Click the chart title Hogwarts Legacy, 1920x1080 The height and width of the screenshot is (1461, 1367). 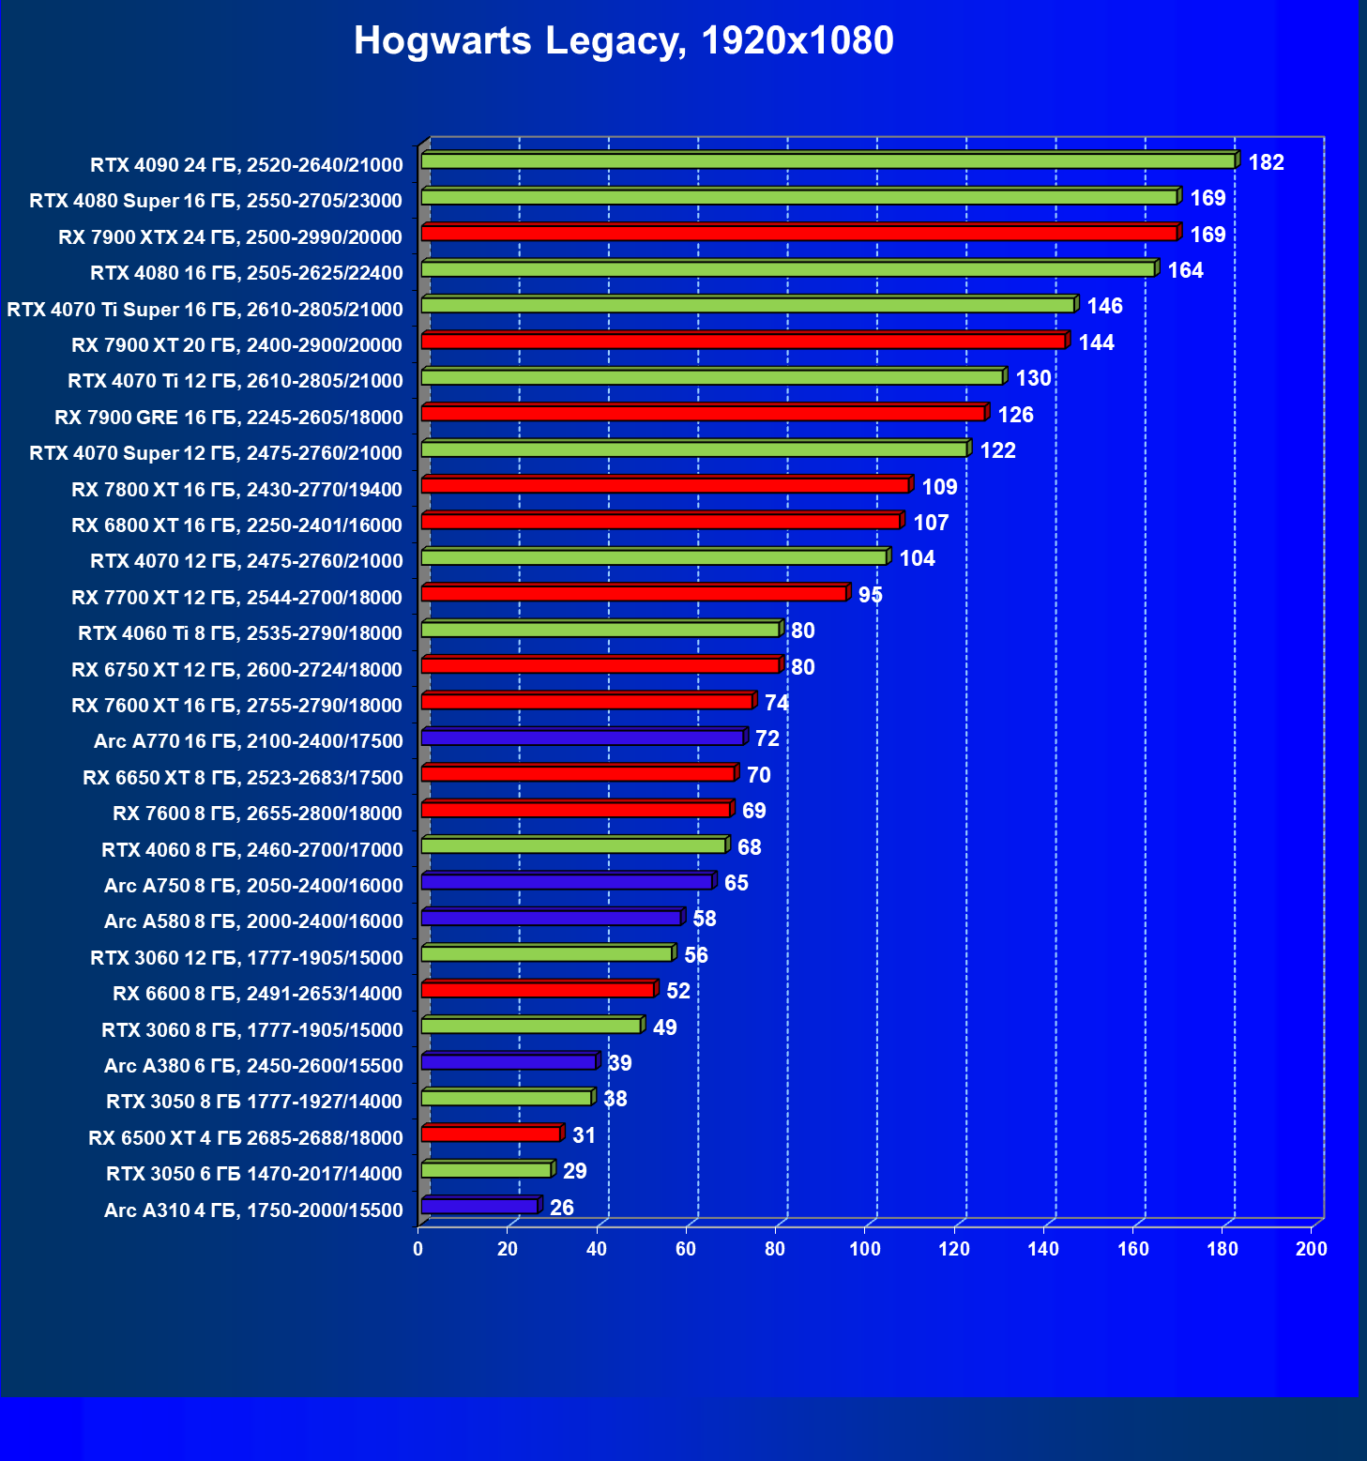point(623,41)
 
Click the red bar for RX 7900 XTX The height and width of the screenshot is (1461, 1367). point(798,233)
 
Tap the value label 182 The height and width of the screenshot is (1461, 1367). point(1266,162)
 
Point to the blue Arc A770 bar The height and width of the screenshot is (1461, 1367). point(582,738)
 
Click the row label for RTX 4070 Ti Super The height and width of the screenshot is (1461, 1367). point(205,309)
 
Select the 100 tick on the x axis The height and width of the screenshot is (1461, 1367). point(865,1249)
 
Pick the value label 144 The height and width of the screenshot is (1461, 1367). point(1096,342)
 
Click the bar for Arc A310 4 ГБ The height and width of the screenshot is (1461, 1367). point(479,1206)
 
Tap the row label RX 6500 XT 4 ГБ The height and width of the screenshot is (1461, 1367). point(245,1137)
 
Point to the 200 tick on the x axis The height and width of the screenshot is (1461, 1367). point(1312,1249)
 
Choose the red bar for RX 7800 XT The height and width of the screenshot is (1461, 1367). point(664,485)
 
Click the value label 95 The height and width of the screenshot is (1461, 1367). point(870,595)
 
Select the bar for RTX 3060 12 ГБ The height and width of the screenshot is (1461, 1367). point(546,954)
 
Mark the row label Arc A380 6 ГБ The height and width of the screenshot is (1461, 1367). point(253,1065)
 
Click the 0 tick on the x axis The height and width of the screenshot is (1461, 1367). point(418,1249)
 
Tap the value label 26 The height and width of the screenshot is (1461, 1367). point(561,1208)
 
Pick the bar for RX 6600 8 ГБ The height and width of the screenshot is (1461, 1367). point(537,990)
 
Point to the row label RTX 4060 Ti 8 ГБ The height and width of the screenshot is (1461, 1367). point(240,632)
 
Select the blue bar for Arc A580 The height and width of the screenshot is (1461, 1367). point(551,918)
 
